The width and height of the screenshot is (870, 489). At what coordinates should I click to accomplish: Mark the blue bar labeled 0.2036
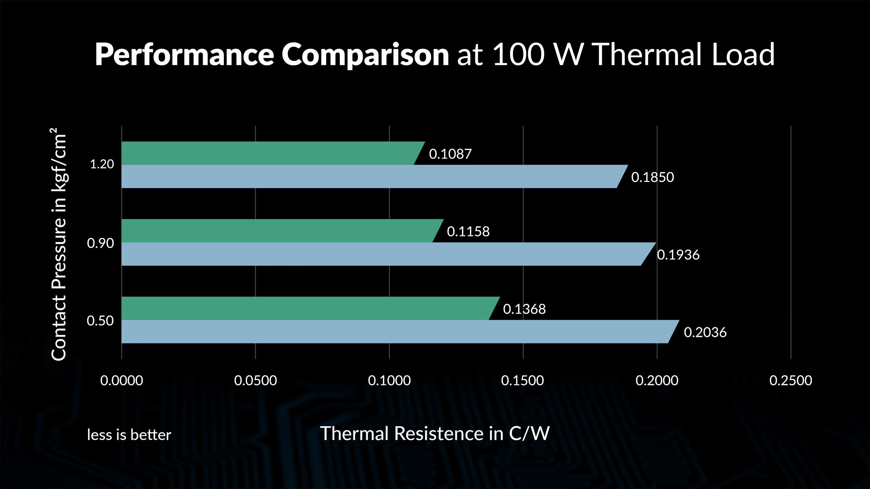point(398,331)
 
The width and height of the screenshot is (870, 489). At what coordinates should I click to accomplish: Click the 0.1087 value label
point(450,154)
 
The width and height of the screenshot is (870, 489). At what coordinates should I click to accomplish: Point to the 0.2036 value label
point(705,332)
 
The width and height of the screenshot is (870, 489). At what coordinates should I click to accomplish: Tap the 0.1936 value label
point(678,255)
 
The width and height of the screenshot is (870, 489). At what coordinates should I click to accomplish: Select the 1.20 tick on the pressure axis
point(102,164)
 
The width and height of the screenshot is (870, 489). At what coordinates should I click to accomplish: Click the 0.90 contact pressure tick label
point(100,243)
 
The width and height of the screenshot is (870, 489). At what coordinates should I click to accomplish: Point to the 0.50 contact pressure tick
point(100,321)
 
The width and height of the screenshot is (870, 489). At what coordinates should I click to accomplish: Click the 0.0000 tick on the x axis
point(122,380)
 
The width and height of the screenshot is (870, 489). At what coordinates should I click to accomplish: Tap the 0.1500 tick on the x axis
point(523,380)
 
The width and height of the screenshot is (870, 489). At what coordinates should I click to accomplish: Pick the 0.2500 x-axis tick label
point(791,380)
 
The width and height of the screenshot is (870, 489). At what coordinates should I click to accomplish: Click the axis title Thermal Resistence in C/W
point(435,433)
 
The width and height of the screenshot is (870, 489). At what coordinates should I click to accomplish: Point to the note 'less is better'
point(129,435)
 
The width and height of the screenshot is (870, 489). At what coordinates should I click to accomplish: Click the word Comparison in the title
point(365,55)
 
